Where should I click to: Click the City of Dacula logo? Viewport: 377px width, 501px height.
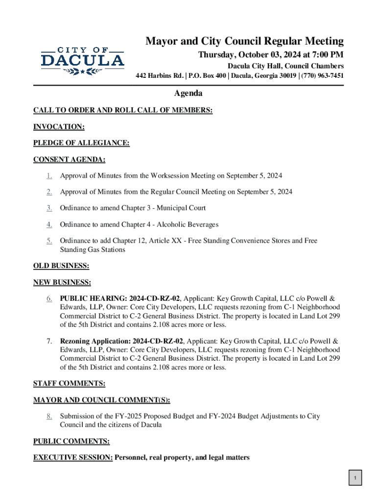[82, 61]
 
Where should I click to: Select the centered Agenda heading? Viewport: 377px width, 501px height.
[188, 93]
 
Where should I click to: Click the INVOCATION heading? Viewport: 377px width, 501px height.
[59, 127]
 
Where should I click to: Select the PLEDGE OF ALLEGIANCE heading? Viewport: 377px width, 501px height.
[81, 143]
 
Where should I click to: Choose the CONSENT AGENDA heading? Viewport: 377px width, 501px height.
[69, 159]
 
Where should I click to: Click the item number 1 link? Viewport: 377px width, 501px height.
[49, 176]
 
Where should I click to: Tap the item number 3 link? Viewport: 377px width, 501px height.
[49, 208]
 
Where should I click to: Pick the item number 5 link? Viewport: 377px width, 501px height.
[49, 241]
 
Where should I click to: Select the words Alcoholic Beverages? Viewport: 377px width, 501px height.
[187, 225]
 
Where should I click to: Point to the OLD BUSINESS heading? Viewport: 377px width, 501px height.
[61, 266]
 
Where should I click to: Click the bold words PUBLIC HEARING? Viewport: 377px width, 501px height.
[92, 298]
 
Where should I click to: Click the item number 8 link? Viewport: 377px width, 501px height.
[49, 416]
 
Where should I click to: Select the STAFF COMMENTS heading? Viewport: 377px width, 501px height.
[69, 384]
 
